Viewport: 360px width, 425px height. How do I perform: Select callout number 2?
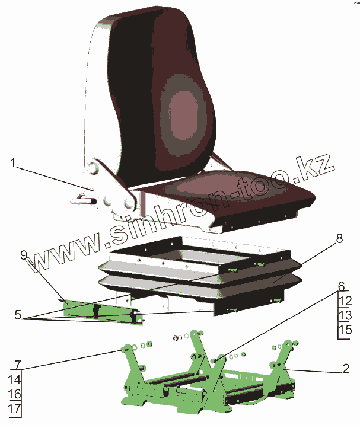pyautogui.click(x=346, y=368)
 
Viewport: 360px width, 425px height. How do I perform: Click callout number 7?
pyautogui.click(x=17, y=363)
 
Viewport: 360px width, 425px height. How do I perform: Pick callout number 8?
pyautogui.click(x=339, y=239)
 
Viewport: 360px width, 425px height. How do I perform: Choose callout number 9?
pyautogui.click(x=24, y=256)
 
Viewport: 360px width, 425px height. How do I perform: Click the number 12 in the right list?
pyautogui.click(x=345, y=301)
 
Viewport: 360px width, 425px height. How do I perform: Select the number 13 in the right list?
pyautogui.click(x=345, y=315)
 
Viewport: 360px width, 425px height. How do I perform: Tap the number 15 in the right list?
pyautogui.click(x=345, y=330)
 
